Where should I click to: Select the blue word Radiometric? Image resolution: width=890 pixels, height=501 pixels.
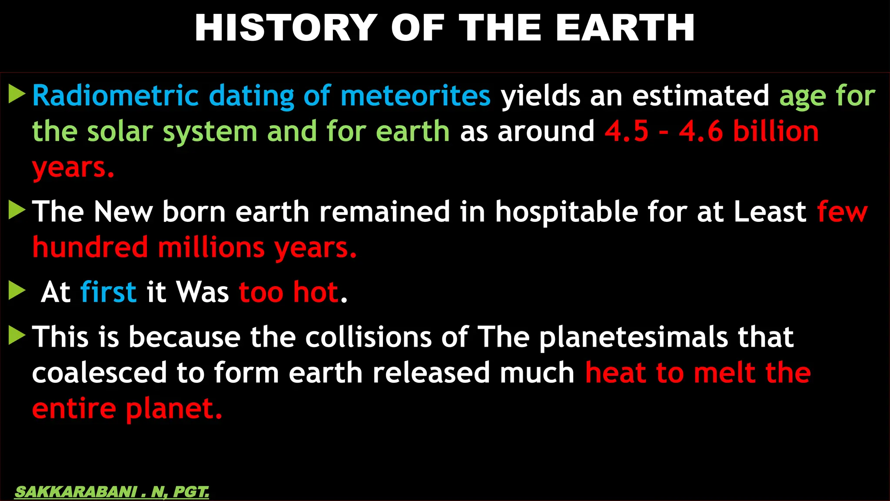click(115, 96)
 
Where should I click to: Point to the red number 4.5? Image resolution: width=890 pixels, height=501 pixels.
click(627, 131)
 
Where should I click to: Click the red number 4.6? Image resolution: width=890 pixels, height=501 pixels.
click(701, 131)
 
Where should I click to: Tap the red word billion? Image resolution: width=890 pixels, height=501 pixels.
click(776, 131)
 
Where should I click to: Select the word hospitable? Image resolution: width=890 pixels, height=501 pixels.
click(566, 212)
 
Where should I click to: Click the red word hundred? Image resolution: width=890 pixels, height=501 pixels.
click(90, 247)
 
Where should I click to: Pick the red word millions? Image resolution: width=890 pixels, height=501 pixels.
click(211, 247)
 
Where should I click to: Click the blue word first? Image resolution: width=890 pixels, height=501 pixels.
click(108, 292)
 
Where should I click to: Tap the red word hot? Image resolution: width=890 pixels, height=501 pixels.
click(315, 292)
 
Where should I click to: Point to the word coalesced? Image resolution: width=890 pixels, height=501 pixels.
click(100, 373)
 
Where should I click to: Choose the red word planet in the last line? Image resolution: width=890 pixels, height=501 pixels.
click(174, 409)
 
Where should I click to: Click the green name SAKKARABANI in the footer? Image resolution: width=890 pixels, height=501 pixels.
click(76, 492)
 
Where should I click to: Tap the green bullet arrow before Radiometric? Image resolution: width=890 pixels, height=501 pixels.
click(17, 94)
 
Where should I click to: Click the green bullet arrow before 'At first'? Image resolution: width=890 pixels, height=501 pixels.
click(17, 291)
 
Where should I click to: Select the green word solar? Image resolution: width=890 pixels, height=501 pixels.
click(120, 131)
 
